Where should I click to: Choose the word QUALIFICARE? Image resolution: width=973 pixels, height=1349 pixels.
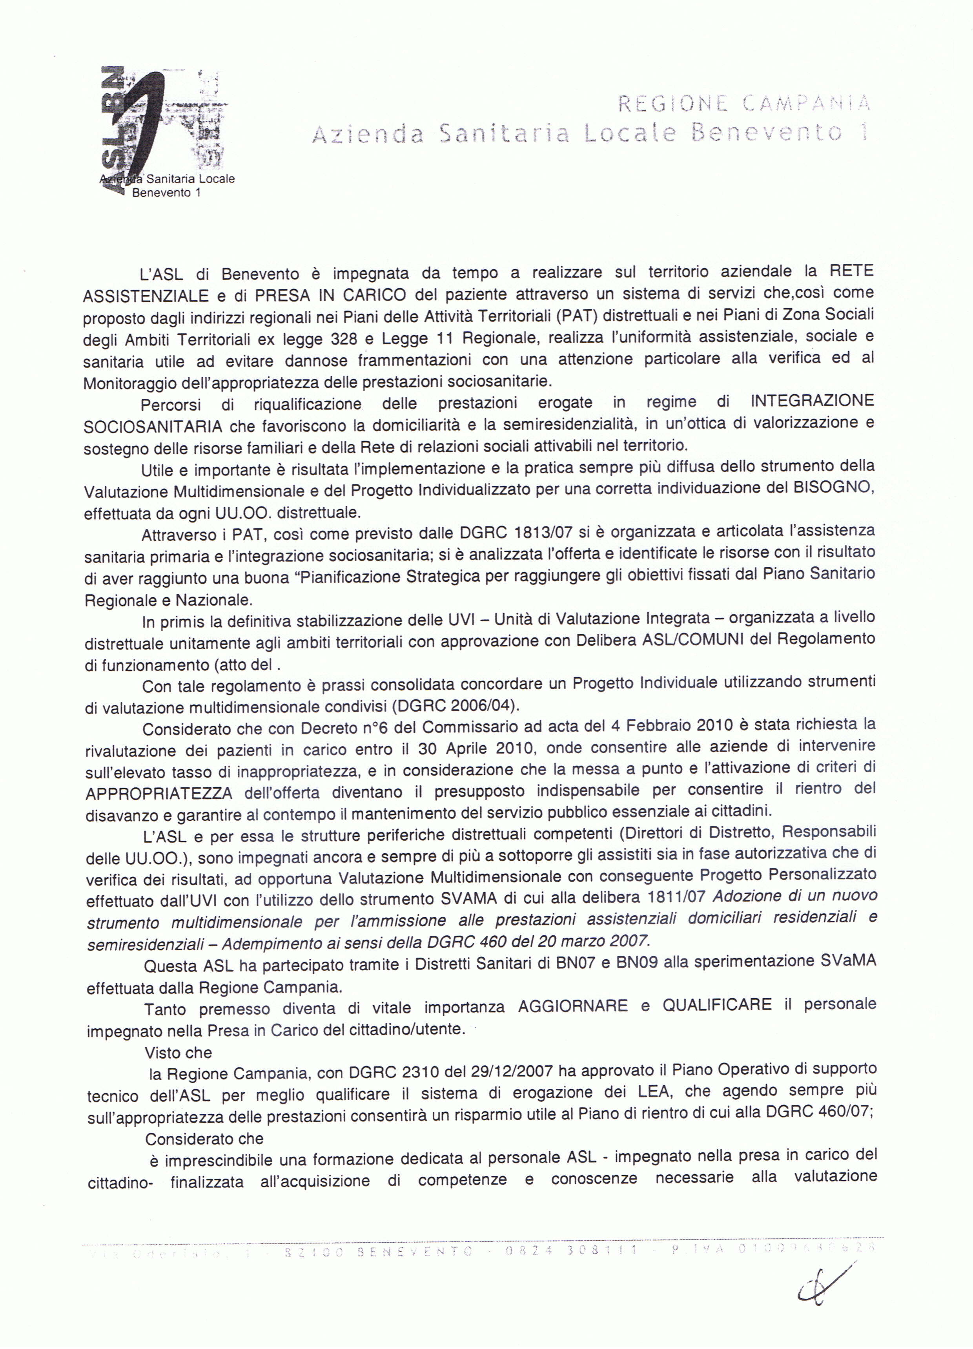[x=717, y=1005]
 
